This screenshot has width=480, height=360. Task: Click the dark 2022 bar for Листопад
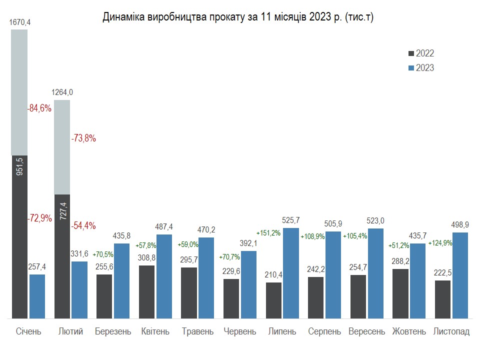442,299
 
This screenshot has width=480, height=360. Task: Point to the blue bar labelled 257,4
37,296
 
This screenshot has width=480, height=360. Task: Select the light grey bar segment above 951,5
19,92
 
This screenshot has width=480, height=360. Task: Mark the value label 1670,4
19,22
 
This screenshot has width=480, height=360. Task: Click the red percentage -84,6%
39,108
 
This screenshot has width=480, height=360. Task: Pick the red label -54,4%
83,225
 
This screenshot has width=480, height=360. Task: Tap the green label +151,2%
268,233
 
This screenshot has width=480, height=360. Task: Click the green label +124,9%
440,243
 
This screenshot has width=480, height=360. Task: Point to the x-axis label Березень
113,331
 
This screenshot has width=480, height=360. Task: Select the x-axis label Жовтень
409,331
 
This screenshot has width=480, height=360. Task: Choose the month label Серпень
324,331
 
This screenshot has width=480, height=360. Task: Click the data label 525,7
291,220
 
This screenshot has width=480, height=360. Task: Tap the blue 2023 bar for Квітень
164,276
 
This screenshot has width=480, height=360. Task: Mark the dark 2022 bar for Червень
231,298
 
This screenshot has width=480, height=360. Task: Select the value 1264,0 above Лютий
62,92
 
